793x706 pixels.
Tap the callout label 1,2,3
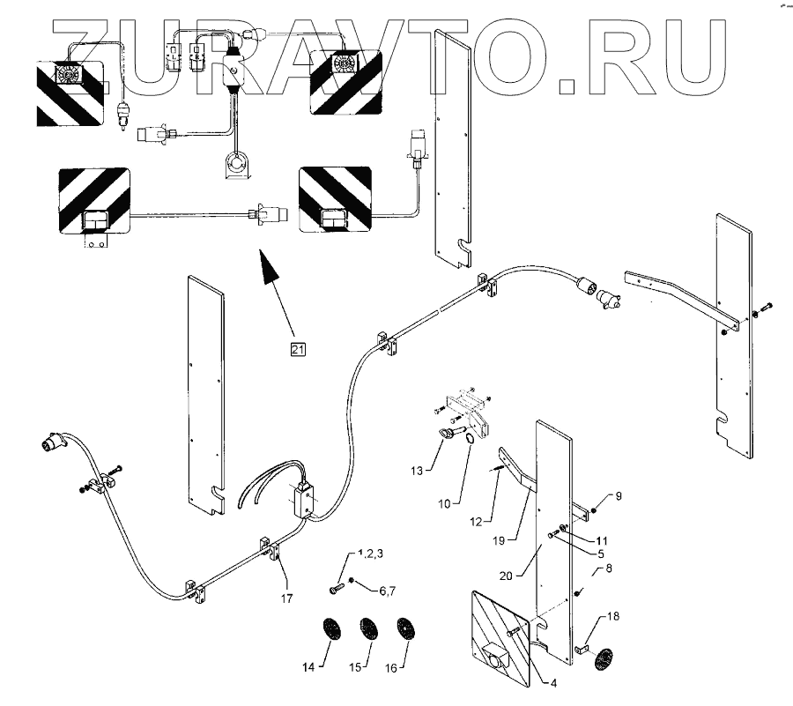pyautogui.click(x=371, y=555)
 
